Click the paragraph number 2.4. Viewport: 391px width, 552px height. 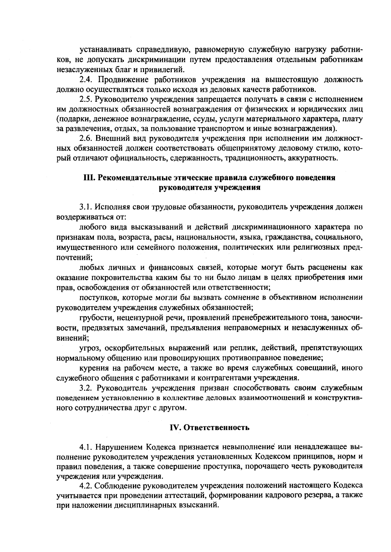87,80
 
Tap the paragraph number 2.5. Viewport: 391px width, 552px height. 87,99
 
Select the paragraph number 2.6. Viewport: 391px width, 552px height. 87,139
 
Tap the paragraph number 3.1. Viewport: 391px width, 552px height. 87,207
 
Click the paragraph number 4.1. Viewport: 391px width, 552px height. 87,447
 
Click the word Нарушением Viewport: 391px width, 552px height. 120,447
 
